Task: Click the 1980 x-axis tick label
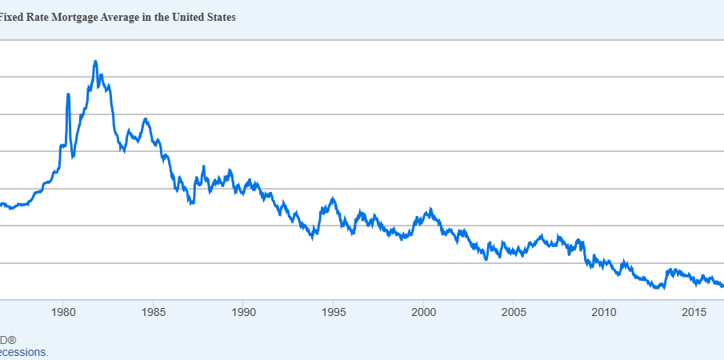pos(63,311)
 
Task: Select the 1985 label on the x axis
pos(153,311)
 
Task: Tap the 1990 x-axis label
pos(243,311)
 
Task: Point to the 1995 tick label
pos(333,311)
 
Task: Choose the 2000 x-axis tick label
pos(423,311)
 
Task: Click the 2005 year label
pos(513,311)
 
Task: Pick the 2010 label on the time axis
pos(603,311)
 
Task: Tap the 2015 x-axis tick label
pos(693,311)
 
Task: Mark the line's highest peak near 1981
pos(95,61)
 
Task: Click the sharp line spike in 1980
pos(68,94)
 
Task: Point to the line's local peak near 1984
pos(146,119)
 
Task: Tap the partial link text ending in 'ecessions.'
pos(23,352)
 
